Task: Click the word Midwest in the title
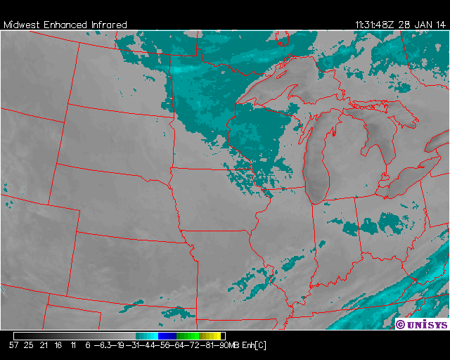(22, 25)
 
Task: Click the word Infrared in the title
(109, 25)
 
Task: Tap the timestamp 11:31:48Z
(375, 25)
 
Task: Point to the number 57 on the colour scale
(14, 345)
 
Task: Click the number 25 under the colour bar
(29, 345)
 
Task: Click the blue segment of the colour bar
(167, 336)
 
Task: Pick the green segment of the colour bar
(186, 336)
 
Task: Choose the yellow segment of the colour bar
(211, 336)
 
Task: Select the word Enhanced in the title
(65, 25)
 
